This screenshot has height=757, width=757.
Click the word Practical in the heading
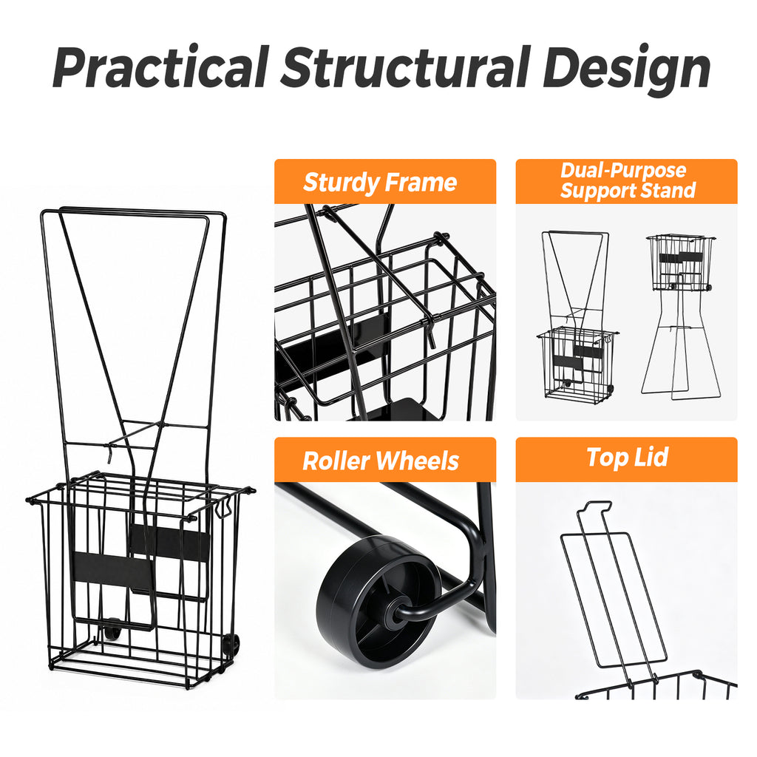(160, 67)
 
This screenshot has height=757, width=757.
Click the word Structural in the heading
(406, 67)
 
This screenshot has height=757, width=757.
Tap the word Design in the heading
(627, 70)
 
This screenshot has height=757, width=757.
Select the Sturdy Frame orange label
(385, 182)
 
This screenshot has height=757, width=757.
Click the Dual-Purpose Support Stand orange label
(627, 182)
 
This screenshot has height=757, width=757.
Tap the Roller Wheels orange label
(385, 460)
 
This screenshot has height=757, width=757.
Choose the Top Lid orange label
(627, 460)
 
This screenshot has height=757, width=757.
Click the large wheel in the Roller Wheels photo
(380, 602)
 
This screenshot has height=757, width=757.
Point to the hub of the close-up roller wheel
(394, 617)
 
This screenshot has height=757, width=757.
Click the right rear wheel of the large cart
(231, 645)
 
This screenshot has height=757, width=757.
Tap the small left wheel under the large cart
(112, 630)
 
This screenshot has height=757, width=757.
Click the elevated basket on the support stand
(680, 262)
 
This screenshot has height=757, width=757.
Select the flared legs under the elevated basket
(681, 344)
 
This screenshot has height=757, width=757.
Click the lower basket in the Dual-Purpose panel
(577, 363)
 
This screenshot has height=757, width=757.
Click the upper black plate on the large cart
(169, 542)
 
